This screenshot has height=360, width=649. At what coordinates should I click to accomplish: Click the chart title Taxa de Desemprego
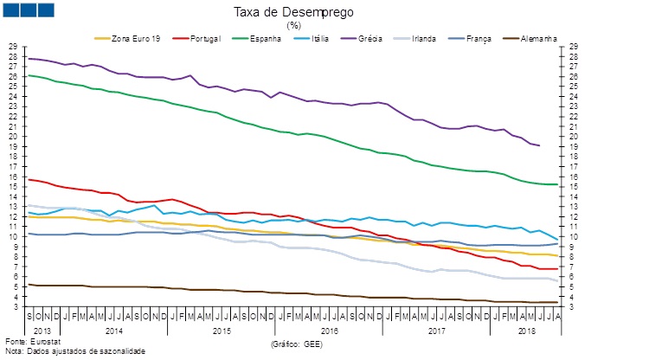coord(293,12)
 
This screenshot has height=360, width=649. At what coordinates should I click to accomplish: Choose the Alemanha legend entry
coord(537,38)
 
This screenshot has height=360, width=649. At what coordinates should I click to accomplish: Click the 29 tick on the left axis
coord(12,46)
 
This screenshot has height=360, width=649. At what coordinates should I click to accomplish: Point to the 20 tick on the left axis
coord(12,136)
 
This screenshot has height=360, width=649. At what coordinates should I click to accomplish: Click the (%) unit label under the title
coord(293,25)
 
